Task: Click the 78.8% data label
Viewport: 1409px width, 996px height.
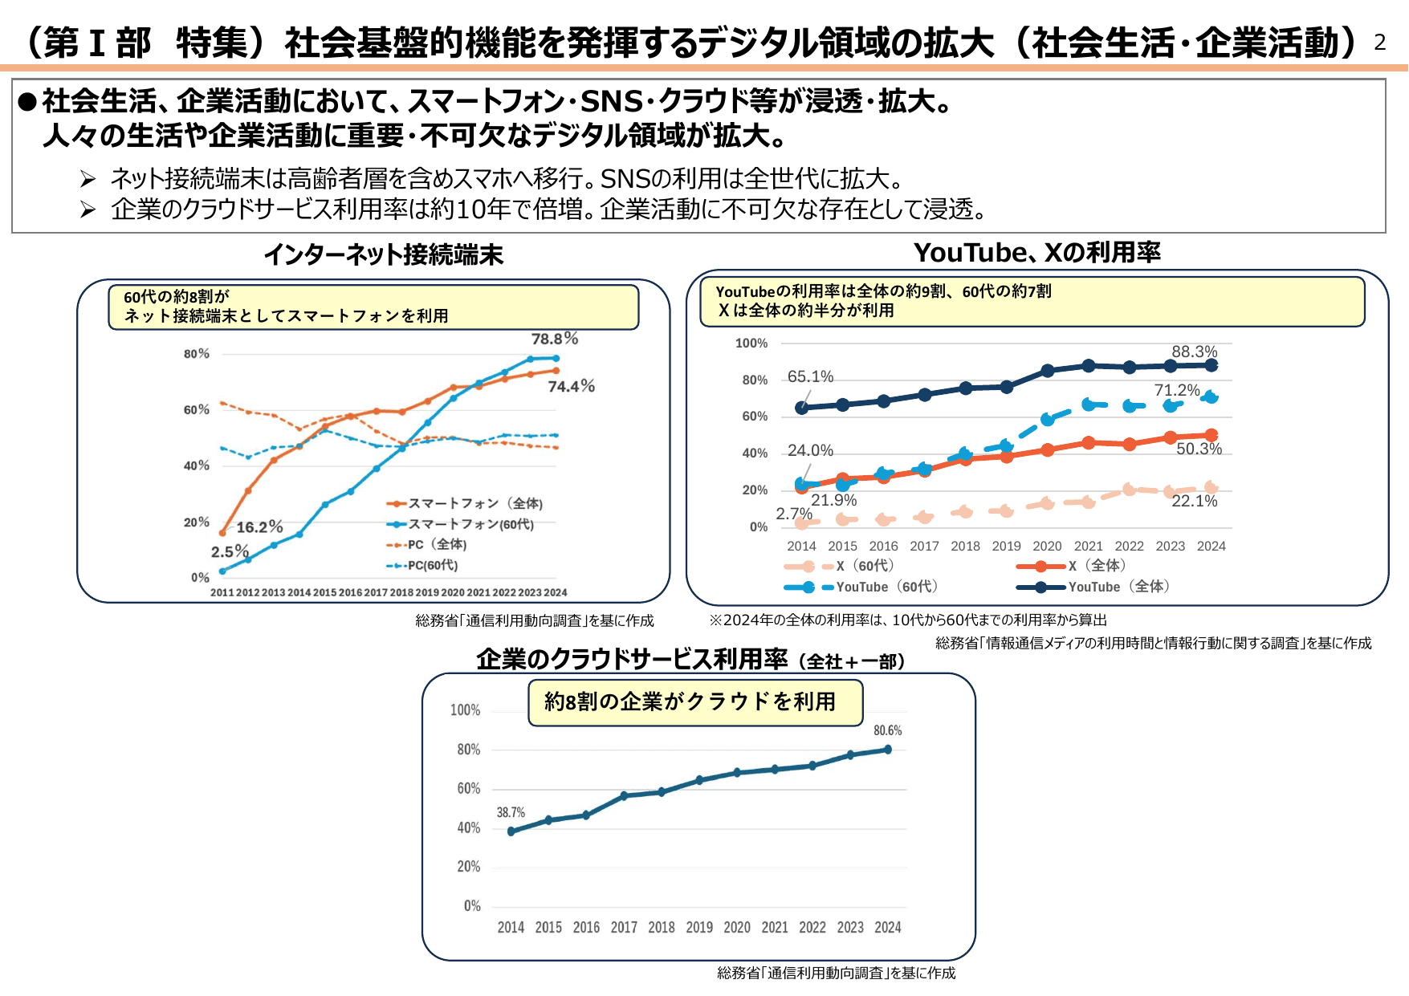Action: [554, 339]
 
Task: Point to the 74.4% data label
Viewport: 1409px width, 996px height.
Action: [571, 387]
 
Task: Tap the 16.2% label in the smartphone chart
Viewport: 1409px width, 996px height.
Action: [259, 527]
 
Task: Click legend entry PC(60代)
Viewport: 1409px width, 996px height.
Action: [432, 565]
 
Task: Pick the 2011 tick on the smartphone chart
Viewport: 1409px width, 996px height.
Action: [222, 592]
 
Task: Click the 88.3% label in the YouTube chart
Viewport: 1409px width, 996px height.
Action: [1194, 352]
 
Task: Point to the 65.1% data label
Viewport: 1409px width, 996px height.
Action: [810, 376]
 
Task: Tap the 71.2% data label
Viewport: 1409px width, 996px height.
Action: [1176, 390]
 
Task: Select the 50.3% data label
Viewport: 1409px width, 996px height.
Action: [1199, 449]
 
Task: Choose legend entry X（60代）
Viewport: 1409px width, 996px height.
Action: [865, 566]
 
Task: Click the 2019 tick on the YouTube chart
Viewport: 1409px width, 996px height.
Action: [1006, 546]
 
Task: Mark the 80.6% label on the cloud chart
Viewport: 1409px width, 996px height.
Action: [887, 730]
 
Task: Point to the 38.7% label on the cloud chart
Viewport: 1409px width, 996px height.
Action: [511, 812]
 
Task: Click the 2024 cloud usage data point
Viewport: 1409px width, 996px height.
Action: [888, 750]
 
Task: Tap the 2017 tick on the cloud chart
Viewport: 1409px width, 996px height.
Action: [624, 927]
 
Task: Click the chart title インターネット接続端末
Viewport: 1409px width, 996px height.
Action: [383, 254]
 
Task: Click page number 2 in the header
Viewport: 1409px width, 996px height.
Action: [1380, 43]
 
